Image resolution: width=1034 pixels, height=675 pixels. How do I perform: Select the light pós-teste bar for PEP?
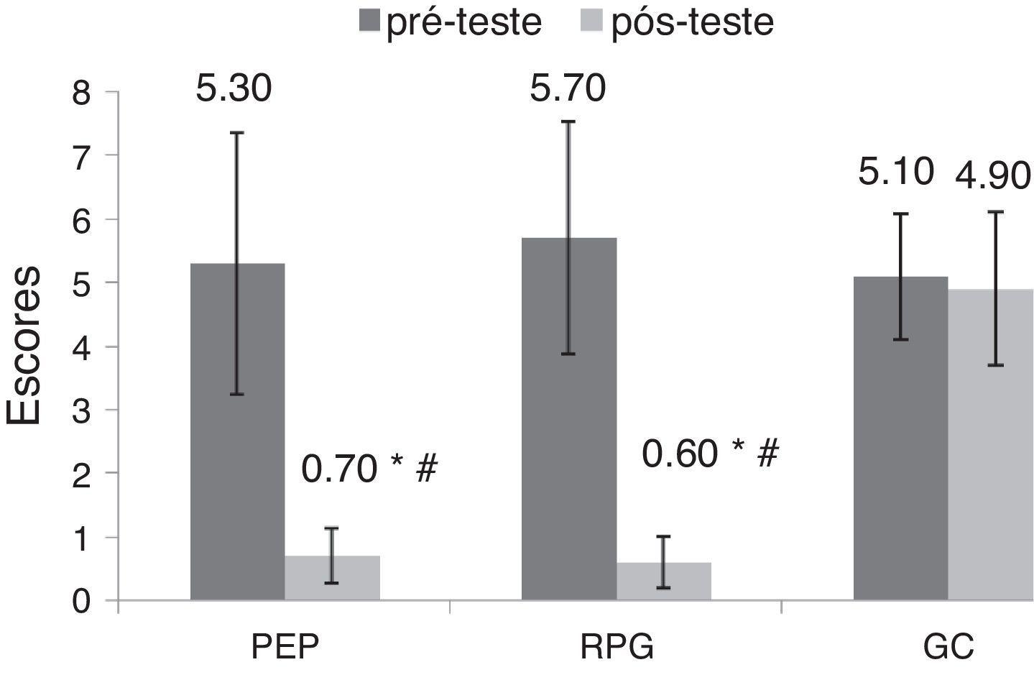tap(332, 578)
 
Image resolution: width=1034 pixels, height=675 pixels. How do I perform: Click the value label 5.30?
tap(234, 91)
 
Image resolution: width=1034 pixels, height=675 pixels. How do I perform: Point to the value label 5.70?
tap(568, 89)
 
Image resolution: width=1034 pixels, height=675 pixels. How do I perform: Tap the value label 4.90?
tap(994, 175)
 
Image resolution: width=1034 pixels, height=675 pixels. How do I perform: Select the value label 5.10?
tap(897, 173)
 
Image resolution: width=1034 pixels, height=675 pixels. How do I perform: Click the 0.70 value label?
tap(339, 469)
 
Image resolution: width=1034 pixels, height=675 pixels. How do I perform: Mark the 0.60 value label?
tap(679, 454)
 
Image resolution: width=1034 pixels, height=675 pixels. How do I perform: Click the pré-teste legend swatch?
tap(369, 22)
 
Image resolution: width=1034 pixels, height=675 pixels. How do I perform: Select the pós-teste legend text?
tap(692, 22)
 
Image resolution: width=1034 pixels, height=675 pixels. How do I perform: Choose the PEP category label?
tap(285, 647)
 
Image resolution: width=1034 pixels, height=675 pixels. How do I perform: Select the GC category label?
tap(948, 647)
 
